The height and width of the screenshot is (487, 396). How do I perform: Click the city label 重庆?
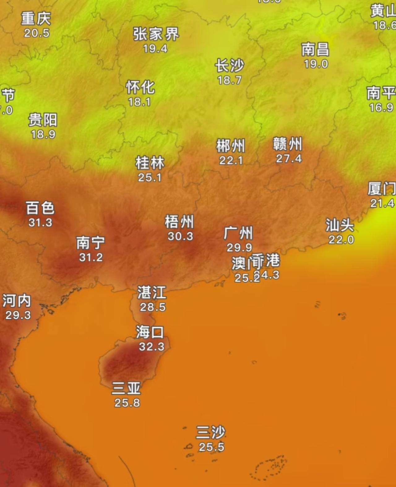click(x=36, y=19)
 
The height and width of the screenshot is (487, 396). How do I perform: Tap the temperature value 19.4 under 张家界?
click(x=155, y=49)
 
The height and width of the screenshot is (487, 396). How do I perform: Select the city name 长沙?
click(x=230, y=66)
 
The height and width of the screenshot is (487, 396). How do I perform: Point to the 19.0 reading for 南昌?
click(x=316, y=64)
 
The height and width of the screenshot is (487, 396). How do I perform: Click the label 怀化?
click(x=140, y=88)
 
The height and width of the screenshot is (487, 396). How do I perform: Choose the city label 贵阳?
click(x=43, y=120)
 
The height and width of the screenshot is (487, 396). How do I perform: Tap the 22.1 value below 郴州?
click(x=231, y=160)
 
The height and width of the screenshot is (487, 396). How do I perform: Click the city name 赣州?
click(x=287, y=144)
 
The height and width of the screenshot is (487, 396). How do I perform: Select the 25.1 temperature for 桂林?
click(x=150, y=177)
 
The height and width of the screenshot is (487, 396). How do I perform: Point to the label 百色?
click(x=40, y=208)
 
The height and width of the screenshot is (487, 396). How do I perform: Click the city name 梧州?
click(x=179, y=222)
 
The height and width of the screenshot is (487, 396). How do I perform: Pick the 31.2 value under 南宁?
click(x=91, y=257)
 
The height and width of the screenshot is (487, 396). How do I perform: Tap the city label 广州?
click(x=238, y=233)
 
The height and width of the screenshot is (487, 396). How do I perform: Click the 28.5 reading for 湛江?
click(x=153, y=307)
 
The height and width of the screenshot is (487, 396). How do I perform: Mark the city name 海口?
click(x=150, y=332)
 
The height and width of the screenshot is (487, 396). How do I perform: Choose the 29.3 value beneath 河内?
click(x=18, y=315)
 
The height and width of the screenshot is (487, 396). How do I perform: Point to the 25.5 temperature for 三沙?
click(x=211, y=447)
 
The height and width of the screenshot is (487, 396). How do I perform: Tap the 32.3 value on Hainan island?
click(x=151, y=347)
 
